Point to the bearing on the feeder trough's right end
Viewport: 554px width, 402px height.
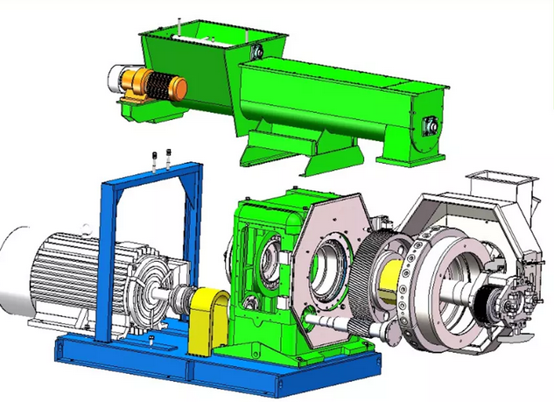(430, 126)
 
